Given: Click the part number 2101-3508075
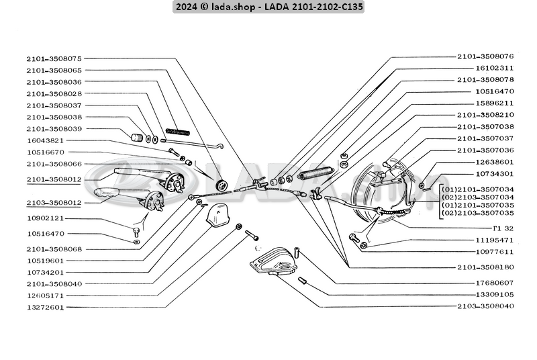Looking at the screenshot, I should tap(54, 58).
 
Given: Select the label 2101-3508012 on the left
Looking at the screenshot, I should tap(54, 179).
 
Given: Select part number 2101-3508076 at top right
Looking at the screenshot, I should tap(485, 56).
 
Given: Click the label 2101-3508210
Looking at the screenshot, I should tap(485, 114).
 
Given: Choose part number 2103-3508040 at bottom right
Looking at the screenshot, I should tap(485, 306).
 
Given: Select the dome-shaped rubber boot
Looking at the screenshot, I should tap(218, 217).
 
